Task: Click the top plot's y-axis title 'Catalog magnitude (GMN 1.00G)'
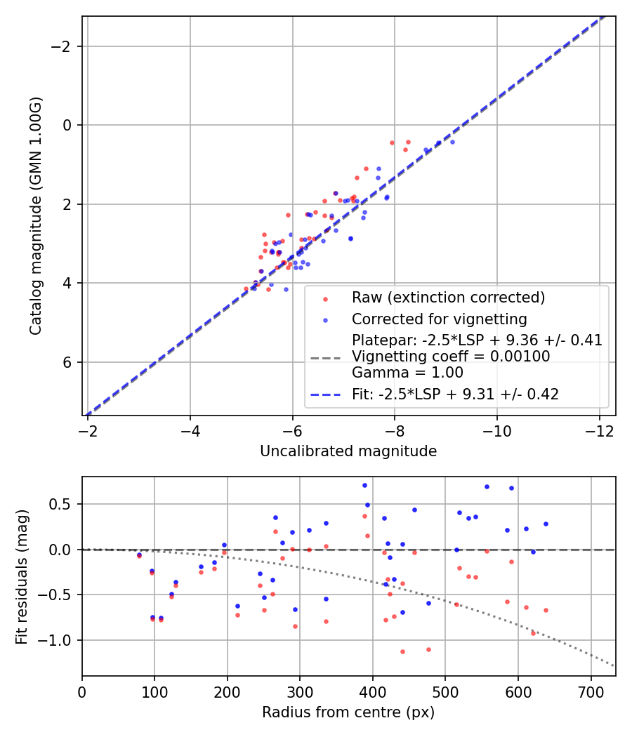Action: click(x=36, y=215)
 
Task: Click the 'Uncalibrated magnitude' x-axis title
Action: click(x=348, y=451)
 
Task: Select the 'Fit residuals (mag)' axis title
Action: click(x=22, y=576)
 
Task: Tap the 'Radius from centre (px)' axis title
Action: click(x=348, y=712)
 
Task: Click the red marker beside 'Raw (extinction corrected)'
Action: click(x=324, y=298)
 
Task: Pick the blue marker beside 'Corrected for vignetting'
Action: click(x=324, y=320)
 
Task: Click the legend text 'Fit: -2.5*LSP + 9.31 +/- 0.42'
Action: click(x=455, y=394)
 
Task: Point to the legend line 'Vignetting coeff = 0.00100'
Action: click(x=451, y=357)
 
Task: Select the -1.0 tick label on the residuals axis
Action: click(x=58, y=640)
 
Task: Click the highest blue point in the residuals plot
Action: click(x=364, y=485)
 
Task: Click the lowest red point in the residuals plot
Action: click(x=402, y=651)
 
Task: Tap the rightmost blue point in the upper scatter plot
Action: click(x=452, y=142)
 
